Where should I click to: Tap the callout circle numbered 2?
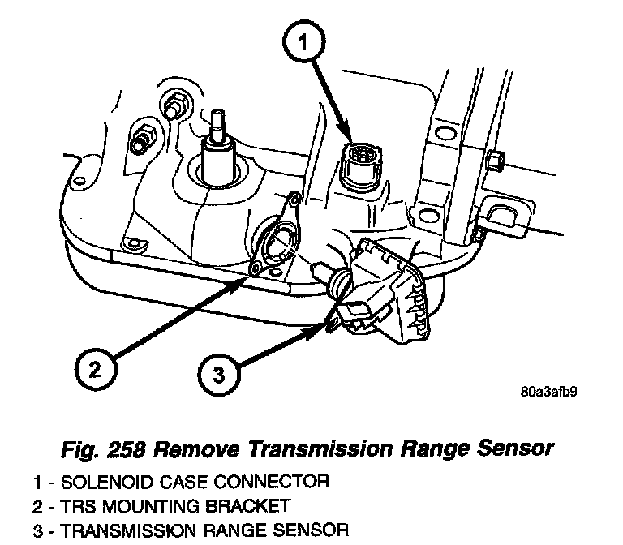pos(96,370)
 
